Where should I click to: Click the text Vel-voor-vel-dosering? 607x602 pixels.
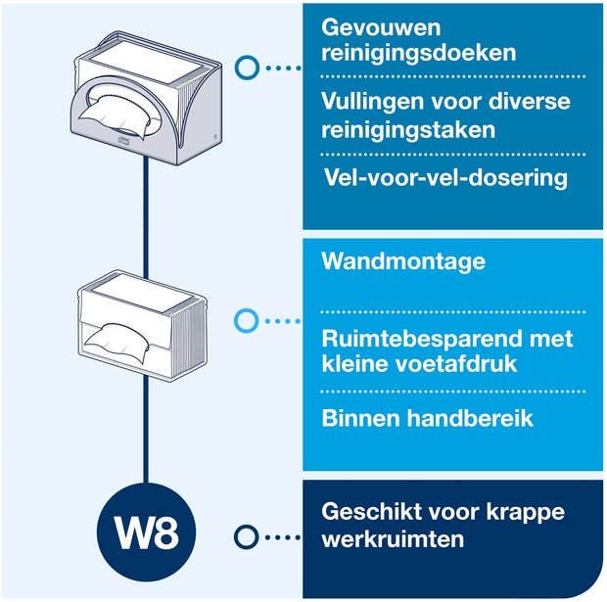445,178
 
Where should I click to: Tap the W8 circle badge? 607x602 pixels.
146,534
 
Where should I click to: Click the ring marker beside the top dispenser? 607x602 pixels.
248,68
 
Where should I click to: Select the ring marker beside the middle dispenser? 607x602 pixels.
248,320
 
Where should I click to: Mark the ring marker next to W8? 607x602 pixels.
248,535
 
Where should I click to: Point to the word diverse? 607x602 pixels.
533,102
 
